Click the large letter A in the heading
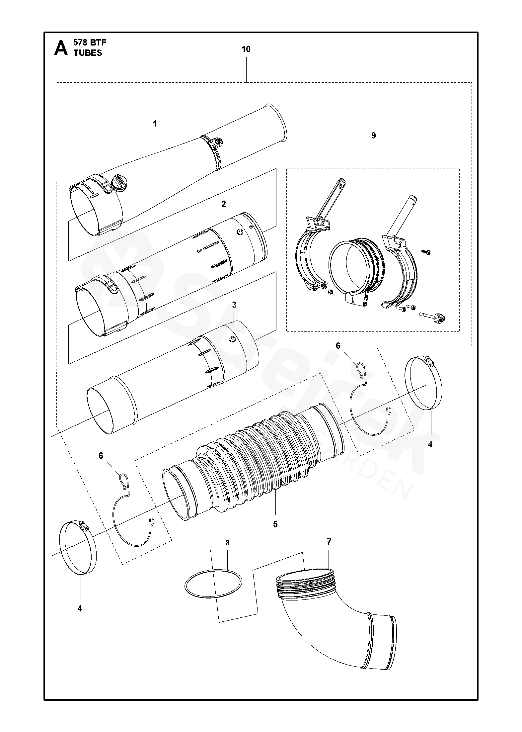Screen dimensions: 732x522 [x=61, y=48]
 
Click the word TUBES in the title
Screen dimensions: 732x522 [x=88, y=53]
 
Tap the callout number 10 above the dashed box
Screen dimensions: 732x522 [x=246, y=49]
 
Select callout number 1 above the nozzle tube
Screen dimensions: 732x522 [x=155, y=124]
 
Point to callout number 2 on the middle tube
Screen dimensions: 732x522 [x=223, y=204]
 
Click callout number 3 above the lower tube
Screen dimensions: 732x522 [x=234, y=305]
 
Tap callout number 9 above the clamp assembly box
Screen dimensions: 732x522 [x=373, y=136]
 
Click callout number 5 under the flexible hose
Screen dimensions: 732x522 [x=275, y=524]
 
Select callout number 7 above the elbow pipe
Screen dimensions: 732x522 [x=329, y=542]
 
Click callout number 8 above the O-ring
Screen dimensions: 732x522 [x=227, y=543]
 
